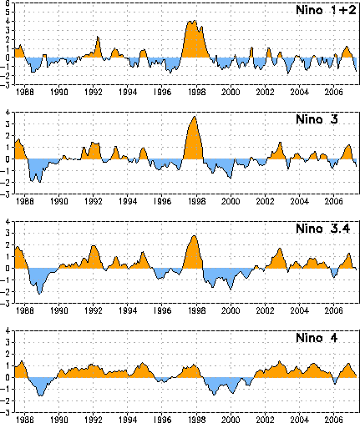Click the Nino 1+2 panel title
coord(326,10)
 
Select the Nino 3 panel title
coord(317,119)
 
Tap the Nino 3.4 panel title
coord(323,229)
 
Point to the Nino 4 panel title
coord(317,338)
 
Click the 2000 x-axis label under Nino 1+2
coord(231,92)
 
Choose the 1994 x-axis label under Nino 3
coord(128,201)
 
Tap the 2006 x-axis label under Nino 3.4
coord(334,310)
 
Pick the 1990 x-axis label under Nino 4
coord(59,420)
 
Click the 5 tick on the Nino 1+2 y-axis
coord(8,13)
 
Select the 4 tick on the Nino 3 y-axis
coord(8,113)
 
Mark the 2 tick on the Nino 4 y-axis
coord(8,354)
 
